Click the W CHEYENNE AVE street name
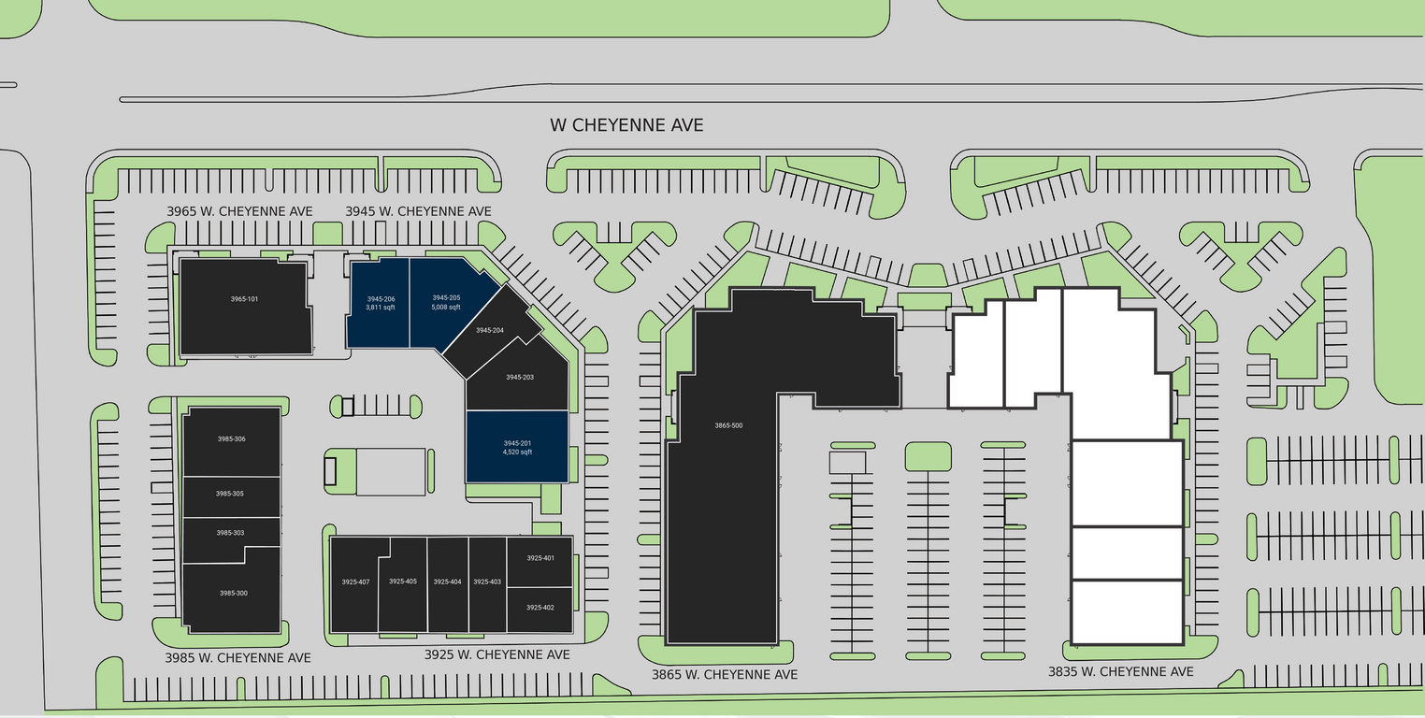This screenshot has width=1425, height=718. coord(626,124)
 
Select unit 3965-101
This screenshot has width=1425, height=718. coord(244,307)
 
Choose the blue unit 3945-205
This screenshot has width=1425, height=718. coord(446,303)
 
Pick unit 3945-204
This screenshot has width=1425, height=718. coord(489,331)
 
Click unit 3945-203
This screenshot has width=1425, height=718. coord(519,378)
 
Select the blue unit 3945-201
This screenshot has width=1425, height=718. coord(517,447)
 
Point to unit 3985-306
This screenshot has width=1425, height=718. coord(231,439)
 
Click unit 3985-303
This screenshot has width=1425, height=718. coord(230,533)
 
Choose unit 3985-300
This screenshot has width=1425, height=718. coord(233,594)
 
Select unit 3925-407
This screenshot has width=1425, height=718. coord(355,582)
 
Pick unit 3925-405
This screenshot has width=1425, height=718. coord(402,582)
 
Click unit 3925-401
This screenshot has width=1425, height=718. coord(540,558)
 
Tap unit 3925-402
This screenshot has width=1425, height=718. coord(540,608)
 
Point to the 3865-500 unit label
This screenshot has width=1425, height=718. coord(728,425)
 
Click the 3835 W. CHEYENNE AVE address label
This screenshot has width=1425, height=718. coord(1120,671)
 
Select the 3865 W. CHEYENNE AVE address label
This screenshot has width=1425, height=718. coord(724,674)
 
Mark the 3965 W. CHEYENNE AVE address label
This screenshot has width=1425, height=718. coord(239,211)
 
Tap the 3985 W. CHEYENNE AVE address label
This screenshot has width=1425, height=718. coord(237,657)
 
